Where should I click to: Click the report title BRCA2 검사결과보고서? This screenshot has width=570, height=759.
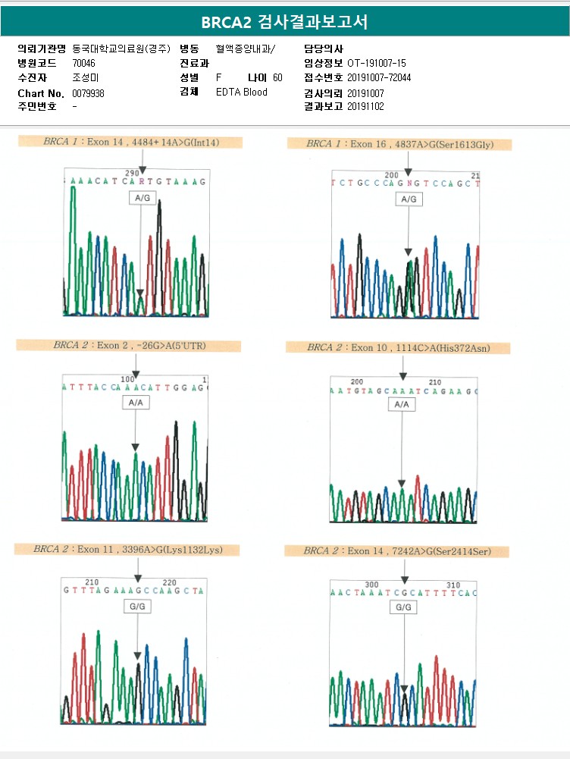284,22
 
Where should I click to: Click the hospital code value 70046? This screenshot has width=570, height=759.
83,63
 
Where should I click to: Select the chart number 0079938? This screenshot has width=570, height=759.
88,93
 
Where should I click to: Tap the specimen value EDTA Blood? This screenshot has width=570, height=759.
241,93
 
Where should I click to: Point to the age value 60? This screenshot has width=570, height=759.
277,78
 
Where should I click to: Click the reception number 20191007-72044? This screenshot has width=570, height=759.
379,78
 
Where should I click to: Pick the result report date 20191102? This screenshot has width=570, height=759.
365,107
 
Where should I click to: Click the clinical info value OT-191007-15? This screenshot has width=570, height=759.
377,63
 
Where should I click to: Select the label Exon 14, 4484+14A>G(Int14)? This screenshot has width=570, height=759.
130,142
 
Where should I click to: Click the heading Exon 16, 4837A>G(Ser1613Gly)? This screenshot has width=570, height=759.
399,143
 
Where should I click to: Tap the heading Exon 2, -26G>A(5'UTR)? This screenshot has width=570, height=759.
130,346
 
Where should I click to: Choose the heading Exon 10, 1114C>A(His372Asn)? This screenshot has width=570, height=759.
399,347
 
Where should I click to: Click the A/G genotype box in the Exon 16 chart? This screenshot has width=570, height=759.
409,199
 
